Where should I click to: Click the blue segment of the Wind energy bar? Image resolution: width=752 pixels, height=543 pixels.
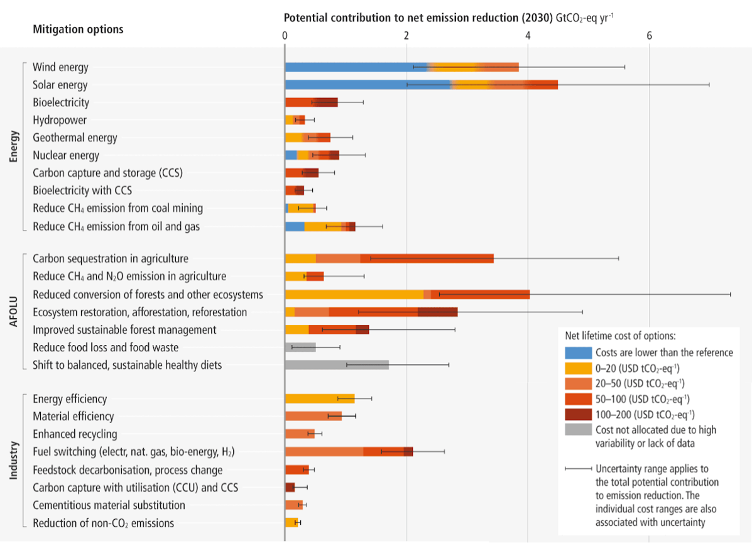(356, 67)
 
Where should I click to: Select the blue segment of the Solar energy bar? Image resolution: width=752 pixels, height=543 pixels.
(368, 85)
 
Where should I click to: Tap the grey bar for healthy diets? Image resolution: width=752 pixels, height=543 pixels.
(337, 365)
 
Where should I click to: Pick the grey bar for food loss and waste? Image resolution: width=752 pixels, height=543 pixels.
(300, 347)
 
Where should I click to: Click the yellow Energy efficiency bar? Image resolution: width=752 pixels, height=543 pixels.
(320, 398)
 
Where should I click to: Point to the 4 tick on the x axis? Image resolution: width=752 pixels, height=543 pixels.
(528, 36)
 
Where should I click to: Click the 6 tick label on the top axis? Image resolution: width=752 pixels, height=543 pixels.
(650, 36)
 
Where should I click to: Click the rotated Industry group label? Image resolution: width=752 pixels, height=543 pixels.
(14, 461)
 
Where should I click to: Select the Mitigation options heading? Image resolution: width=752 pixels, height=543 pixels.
(78, 30)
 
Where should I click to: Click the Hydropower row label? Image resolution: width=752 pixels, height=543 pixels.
(60, 120)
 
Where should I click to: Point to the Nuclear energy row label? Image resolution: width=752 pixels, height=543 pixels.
(66, 155)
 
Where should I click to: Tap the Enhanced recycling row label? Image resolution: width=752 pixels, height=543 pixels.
(75, 434)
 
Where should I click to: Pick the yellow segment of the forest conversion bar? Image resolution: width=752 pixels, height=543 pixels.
(354, 294)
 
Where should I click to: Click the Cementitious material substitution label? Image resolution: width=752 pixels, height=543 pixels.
(109, 505)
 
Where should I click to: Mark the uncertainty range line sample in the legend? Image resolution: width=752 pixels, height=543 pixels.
(578, 469)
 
